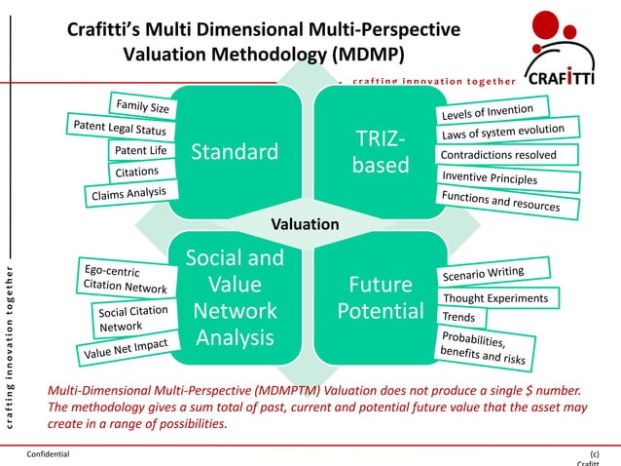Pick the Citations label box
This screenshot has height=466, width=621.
(136, 173)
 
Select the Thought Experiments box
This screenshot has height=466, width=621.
(495, 297)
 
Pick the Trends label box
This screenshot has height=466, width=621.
(458, 318)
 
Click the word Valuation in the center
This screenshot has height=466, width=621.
(306, 224)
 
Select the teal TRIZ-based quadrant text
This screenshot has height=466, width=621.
(382, 152)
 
